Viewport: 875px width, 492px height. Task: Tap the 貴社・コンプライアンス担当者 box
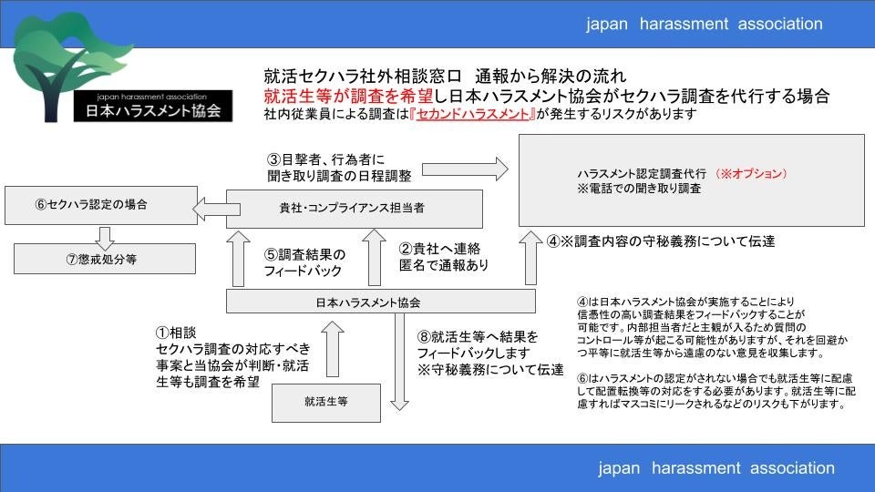tap(354, 209)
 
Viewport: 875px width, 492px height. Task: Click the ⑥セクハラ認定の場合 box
tap(100, 205)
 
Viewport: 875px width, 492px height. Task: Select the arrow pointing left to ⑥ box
tap(211, 211)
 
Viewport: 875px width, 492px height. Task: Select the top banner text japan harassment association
tap(704, 24)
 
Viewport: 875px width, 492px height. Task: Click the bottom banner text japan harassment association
tap(716, 468)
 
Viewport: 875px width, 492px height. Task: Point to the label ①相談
tap(176, 333)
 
